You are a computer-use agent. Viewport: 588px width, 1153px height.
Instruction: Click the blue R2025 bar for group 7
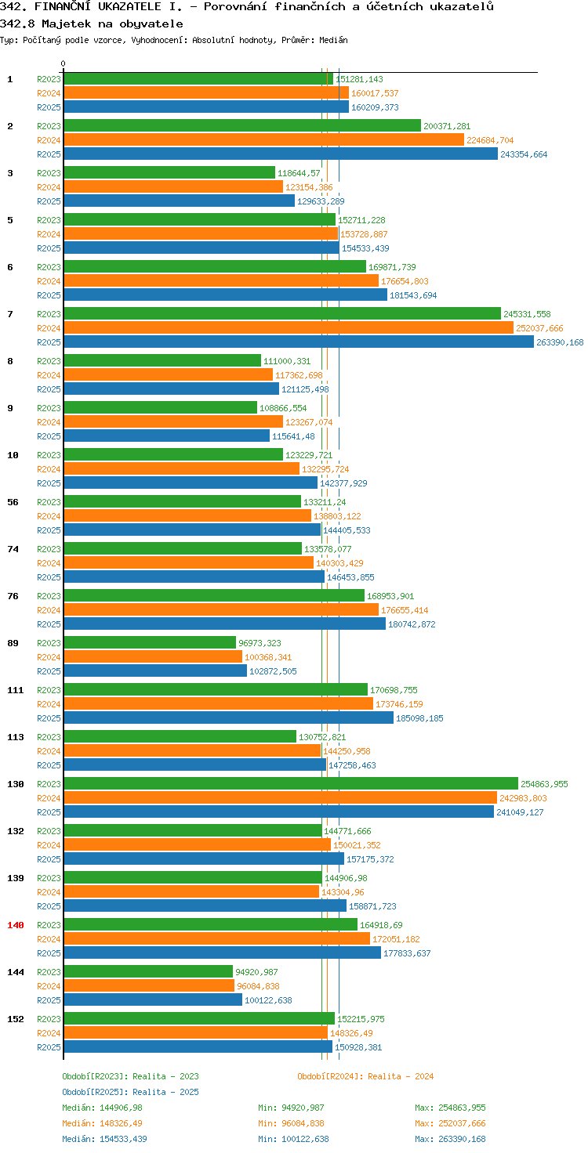(299, 342)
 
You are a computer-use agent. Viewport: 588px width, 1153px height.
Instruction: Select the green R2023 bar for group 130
(291, 783)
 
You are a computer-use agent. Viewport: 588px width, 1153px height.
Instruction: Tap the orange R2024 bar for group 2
(264, 140)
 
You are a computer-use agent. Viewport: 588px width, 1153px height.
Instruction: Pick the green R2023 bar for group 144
(148, 971)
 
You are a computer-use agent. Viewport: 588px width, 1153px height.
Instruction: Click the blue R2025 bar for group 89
(155, 670)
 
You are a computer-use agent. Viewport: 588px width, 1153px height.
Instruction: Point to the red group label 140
(16, 925)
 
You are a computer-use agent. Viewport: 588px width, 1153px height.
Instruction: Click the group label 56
(13, 502)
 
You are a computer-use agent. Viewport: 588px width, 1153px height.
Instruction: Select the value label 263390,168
(560, 342)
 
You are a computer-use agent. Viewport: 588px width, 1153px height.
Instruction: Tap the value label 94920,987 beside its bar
(256, 972)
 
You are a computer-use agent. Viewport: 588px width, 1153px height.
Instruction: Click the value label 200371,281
(447, 126)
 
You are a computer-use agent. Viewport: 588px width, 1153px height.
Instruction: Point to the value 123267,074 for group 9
(309, 422)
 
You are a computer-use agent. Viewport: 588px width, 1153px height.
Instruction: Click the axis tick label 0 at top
(63, 63)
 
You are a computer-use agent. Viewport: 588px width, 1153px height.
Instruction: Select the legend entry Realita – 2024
(365, 1075)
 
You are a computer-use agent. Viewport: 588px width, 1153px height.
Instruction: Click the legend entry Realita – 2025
(130, 1092)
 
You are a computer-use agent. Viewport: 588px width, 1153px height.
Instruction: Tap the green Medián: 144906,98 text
(102, 1108)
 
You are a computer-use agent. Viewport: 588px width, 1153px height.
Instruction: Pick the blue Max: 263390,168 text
(450, 1139)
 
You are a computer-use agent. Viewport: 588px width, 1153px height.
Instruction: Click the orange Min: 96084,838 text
(291, 1123)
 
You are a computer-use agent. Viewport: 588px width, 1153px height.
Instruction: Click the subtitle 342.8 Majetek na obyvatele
(91, 23)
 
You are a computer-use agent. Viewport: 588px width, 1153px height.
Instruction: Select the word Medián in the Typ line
(333, 40)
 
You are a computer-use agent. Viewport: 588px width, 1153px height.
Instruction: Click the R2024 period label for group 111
(49, 704)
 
